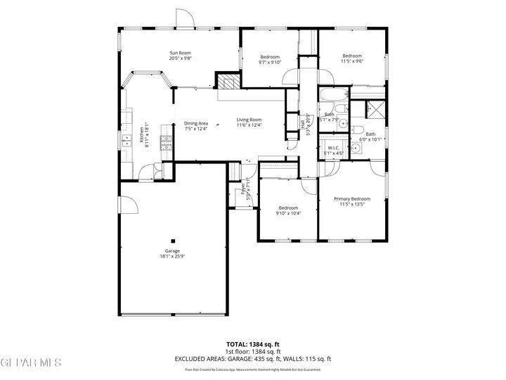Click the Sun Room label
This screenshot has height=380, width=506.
[x=180, y=53]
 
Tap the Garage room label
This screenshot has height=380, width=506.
[x=173, y=251]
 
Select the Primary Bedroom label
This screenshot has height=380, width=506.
[x=351, y=199]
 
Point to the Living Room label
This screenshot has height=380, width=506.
[x=249, y=120]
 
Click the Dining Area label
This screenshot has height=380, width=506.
[x=196, y=123]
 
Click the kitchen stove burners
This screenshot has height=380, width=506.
[x=167, y=143]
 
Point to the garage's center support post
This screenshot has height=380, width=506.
[x=173, y=240]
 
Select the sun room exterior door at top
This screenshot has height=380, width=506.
[x=184, y=20]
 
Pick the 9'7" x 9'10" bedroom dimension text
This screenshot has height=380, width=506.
[x=270, y=63]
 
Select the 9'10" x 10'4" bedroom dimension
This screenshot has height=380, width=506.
[x=287, y=214]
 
